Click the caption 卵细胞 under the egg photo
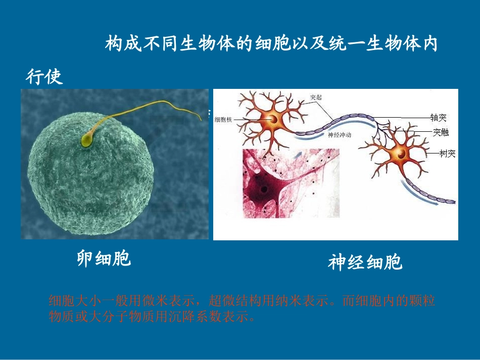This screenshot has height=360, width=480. point(104,259)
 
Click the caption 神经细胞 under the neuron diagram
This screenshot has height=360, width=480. point(365,263)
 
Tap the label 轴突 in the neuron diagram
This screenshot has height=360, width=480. point(438,118)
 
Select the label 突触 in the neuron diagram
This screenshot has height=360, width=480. point(440,133)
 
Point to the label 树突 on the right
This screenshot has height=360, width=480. point(447,153)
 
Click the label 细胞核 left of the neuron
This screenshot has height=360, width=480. point(223,120)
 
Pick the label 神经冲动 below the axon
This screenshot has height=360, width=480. point(339,135)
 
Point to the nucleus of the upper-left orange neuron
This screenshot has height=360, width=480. point(273,120)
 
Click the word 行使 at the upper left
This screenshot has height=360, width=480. point(44,77)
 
